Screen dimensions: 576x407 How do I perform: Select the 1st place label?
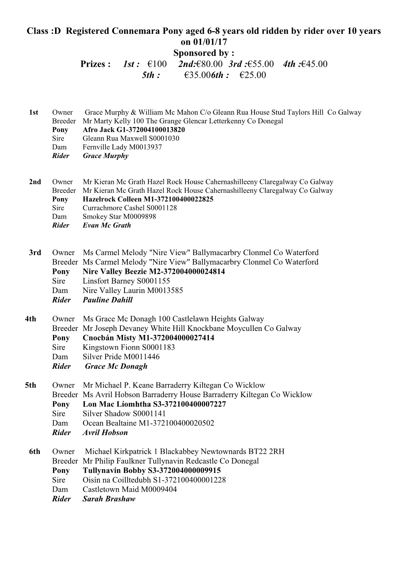[34, 113]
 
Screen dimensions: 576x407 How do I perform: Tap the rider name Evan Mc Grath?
[107, 225]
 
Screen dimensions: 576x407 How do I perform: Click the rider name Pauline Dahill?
[107, 300]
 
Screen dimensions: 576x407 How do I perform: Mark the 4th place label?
[30, 319]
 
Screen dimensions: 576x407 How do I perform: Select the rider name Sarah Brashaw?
[109, 499]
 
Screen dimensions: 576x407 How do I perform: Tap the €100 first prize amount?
[157, 64]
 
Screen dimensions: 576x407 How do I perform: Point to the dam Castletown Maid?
[109, 489]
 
